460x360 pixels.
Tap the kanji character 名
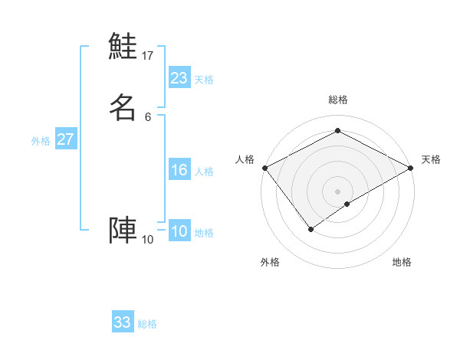click(x=123, y=108)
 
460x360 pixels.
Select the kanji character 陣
click(x=123, y=231)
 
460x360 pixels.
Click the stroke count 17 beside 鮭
click(x=148, y=55)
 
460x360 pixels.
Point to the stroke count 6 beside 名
click(x=148, y=116)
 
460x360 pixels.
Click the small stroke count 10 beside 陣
click(x=148, y=240)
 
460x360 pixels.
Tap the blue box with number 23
click(x=179, y=78)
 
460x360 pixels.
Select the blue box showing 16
click(x=179, y=170)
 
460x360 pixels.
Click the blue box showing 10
click(x=179, y=231)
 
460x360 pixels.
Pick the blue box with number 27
click(x=66, y=139)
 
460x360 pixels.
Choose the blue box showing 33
click(x=123, y=322)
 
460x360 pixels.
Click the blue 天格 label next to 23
click(x=204, y=80)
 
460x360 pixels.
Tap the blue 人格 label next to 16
click(x=204, y=172)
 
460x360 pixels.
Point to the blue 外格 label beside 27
click(x=41, y=141)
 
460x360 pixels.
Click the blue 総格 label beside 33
click(x=147, y=324)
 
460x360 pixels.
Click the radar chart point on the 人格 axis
click(x=264, y=168)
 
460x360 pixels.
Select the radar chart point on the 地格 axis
click(x=347, y=204)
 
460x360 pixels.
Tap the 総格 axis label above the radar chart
click(x=338, y=100)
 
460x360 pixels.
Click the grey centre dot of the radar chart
click(x=338, y=191)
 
